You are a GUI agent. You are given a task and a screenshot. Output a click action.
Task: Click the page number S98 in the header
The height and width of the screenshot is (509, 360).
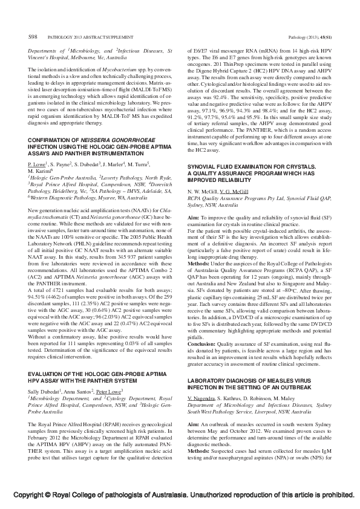33,37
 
